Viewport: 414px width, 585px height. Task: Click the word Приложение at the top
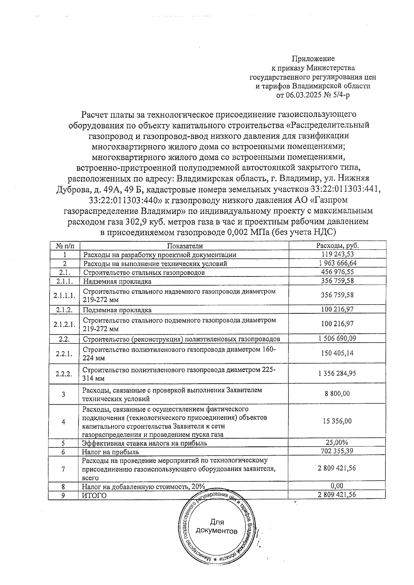(x=313, y=59)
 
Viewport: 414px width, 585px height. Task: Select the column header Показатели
(x=185, y=246)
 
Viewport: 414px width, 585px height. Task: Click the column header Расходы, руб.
(x=337, y=246)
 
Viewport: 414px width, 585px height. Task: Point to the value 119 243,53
(x=337, y=254)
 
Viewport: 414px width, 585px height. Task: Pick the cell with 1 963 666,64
(x=337, y=263)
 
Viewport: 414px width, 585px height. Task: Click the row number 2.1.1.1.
(x=64, y=295)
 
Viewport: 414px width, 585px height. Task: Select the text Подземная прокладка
(x=117, y=310)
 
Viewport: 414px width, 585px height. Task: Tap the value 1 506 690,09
(x=337, y=339)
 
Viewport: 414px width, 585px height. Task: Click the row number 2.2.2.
(x=64, y=374)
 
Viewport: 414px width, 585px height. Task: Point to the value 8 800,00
(x=337, y=394)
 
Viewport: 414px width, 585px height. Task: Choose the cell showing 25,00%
(x=337, y=443)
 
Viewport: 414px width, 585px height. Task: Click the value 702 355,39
(x=337, y=451)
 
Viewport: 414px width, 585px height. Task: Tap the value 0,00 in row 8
(x=337, y=486)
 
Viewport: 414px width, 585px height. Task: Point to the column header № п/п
(x=64, y=246)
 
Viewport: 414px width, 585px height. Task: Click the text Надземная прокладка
(x=117, y=281)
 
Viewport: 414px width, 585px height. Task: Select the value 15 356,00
(x=337, y=421)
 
